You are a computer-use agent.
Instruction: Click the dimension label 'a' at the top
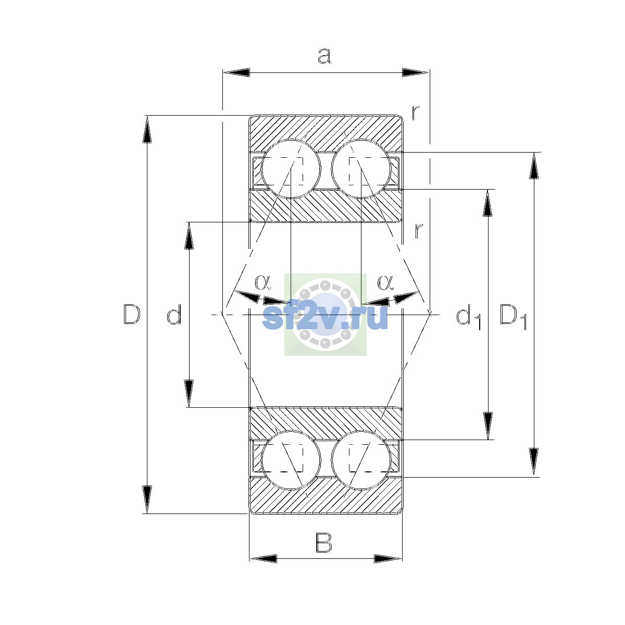click(324, 56)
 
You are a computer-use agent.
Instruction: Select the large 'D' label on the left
click(132, 314)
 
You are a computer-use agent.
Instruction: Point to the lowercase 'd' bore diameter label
click(174, 314)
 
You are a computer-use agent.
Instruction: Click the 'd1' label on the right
click(468, 317)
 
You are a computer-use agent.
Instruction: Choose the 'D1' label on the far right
click(513, 317)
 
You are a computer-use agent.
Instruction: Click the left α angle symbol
click(262, 282)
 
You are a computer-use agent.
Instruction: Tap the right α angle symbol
click(385, 282)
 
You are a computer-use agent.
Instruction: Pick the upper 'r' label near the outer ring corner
click(416, 113)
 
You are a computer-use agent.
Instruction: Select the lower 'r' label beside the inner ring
click(419, 231)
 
